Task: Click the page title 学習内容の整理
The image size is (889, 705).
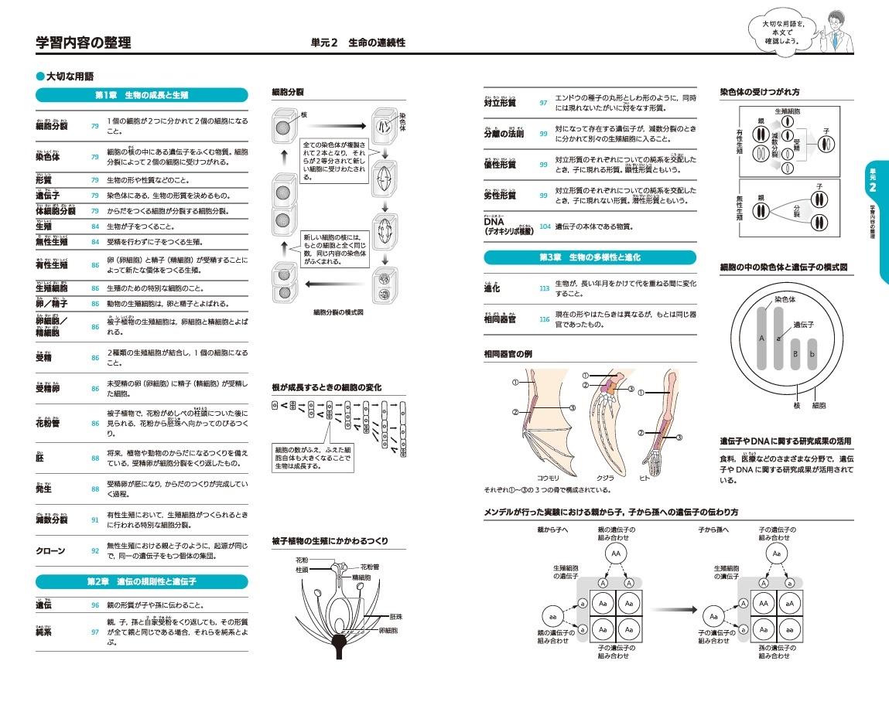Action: coord(84,43)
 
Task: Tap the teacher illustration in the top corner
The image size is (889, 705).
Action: coord(837,28)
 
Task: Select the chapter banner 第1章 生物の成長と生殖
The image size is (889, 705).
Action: coord(142,96)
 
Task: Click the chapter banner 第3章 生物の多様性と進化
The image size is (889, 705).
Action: coord(589,257)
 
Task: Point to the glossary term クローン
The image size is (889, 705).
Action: coord(50,551)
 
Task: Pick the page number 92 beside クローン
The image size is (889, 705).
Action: coord(95,551)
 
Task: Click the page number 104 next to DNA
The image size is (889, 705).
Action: coord(545,226)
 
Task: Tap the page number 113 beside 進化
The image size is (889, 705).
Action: coord(544,288)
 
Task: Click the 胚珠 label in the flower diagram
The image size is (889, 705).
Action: coord(398,617)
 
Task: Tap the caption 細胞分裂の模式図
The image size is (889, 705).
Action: coord(338,313)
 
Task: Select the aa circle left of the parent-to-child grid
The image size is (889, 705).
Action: coord(552,616)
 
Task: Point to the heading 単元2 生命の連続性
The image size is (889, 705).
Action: coord(354,43)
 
